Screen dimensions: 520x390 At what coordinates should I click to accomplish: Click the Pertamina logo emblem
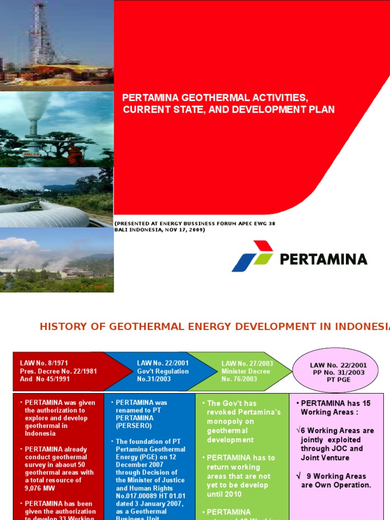point(253,256)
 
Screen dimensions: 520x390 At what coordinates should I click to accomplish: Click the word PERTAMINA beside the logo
point(323,259)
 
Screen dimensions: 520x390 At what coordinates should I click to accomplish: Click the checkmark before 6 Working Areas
point(299,431)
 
